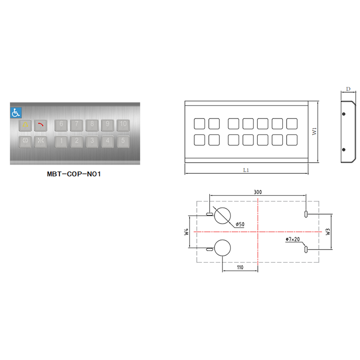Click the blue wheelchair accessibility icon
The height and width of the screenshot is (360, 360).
(x=16, y=113)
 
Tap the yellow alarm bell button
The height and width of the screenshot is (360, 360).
(x=25, y=125)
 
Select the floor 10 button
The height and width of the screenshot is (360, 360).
(x=123, y=125)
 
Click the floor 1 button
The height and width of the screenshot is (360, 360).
(x=61, y=142)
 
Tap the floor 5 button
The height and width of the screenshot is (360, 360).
(x=123, y=142)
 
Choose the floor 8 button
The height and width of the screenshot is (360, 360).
(x=92, y=125)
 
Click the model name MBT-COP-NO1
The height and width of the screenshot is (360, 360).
(x=74, y=174)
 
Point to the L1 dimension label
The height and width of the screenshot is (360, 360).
(x=246, y=170)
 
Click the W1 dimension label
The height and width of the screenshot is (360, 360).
(x=314, y=132)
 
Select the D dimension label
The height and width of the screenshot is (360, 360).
(x=348, y=89)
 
